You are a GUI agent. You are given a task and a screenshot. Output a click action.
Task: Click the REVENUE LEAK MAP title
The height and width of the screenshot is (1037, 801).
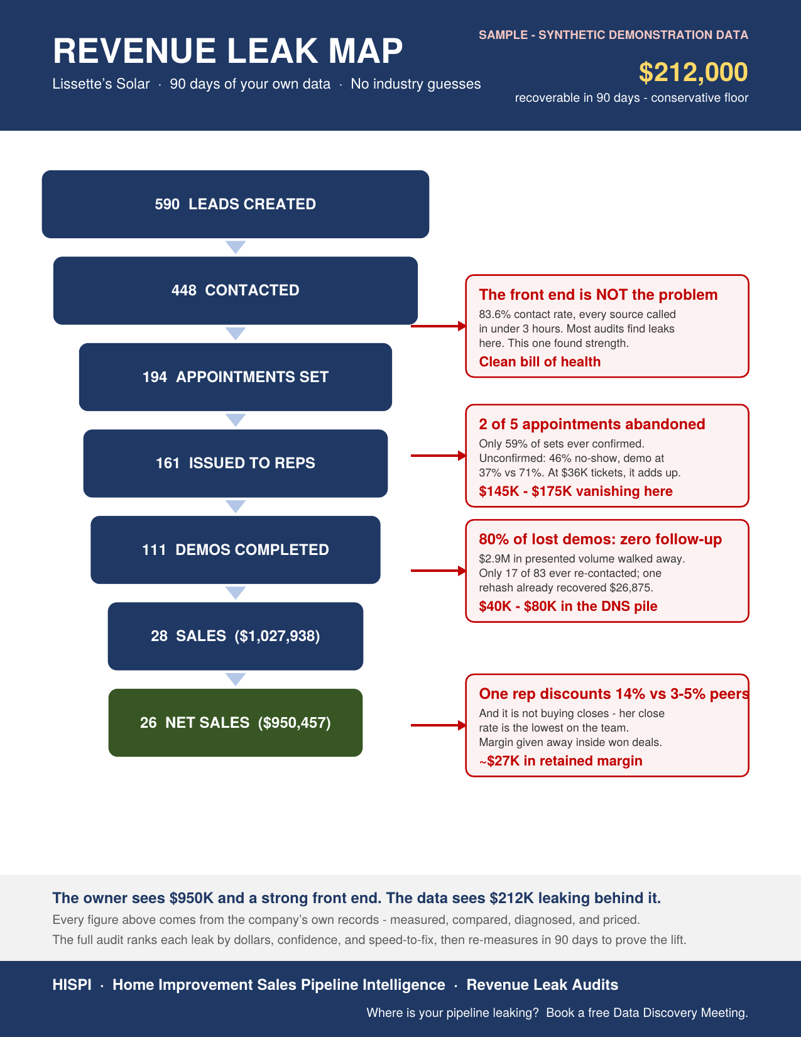[x=227, y=51]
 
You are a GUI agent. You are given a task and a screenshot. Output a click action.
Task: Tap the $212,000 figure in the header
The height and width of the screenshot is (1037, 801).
[x=693, y=72]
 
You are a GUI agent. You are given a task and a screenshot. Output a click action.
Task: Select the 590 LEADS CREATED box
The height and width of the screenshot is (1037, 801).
[x=235, y=204]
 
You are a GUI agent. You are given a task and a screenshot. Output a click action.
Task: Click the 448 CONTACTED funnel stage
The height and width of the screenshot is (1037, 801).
[x=235, y=290]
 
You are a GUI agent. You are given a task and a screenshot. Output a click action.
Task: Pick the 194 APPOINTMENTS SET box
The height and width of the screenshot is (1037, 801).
[x=235, y=377]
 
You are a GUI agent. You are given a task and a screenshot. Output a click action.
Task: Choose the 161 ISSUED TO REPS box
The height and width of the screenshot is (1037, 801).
[x=235, y=463]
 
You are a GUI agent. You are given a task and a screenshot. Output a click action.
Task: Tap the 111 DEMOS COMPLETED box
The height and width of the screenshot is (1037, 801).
[x=235, y=550]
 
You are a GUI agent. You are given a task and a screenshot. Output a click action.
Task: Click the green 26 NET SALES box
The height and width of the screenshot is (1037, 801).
[x=235, y=723]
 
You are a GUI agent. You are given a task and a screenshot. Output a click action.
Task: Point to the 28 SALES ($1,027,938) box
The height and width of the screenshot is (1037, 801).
[x=235, y=636]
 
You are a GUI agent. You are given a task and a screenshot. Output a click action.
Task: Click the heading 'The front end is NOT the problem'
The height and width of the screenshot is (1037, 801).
[x=598, y=295]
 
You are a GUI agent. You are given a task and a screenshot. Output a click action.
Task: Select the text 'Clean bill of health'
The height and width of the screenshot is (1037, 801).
[x=540, y=362]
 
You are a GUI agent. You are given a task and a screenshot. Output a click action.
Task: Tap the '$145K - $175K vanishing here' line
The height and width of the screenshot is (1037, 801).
[x=576, y=491]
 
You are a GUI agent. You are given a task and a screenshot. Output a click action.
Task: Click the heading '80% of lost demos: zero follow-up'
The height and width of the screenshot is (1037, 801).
[x=600, y=539]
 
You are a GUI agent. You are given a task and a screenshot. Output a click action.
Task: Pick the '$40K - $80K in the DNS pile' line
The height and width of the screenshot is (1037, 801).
[x=568, y=606]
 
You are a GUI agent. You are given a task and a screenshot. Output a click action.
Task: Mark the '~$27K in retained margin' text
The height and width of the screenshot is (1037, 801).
[x=560, y=760]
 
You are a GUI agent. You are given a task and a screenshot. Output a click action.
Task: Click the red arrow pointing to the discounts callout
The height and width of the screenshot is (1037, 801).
[x=439, y=725]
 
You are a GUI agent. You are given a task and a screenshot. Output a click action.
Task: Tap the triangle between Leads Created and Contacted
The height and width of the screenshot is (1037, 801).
[x=235, y=247]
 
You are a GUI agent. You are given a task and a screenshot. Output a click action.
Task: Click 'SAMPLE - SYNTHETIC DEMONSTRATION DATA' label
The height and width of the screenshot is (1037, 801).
[x=614, y=35]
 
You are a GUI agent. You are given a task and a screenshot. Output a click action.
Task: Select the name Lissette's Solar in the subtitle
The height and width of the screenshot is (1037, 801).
[x=101, y=84]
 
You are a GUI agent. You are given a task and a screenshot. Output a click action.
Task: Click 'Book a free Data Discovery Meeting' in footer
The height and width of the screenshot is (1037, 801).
[x=647, y=1012]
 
